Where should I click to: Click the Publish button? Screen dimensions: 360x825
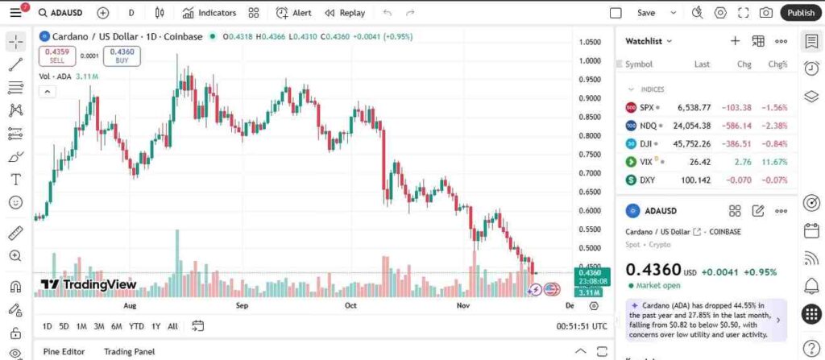coord(801,13)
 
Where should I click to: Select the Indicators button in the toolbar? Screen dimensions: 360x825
coord(209,13)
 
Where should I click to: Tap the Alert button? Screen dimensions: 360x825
coord(294,13)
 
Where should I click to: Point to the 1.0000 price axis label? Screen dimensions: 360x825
coord(591,61)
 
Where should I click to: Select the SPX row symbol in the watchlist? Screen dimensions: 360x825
coord(646,107)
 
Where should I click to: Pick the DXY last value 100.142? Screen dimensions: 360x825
coord(695,180)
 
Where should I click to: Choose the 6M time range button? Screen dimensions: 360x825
coord(117,326)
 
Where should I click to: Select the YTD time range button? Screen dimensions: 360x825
coord(136,326)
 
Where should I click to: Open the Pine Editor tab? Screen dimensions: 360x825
coord(64,351)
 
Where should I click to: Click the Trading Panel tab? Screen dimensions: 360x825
coord(129,351)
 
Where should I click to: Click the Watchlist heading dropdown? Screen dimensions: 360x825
coord(649,41)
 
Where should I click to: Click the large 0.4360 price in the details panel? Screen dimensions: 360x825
coord(653,270)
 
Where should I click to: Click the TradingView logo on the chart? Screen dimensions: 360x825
coord(89,284)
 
